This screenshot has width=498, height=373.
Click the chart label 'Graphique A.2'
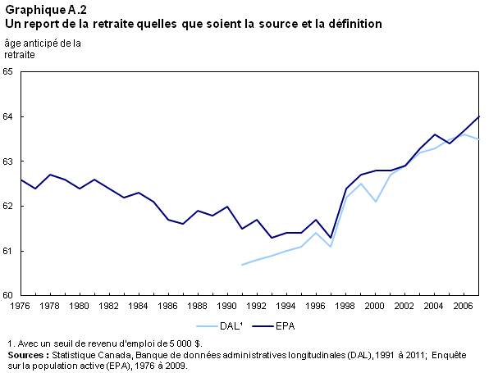click(46, 10)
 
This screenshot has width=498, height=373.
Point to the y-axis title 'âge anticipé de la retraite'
click(43, 49)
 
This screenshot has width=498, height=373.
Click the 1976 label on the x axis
click(21, 306)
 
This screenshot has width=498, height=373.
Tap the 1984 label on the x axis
click(139, 306)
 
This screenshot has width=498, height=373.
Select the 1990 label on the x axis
click(227, 306)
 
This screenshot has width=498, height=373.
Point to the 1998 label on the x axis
click(345, 306)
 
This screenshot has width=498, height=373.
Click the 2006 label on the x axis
click(464, 306)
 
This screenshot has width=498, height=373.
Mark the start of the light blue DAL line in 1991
click(242, 264)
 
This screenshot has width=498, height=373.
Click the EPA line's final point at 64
click(478, 117)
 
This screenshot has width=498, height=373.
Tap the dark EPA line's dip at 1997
click(331, 238)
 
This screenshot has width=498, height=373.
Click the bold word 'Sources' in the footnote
click(27, 355)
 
